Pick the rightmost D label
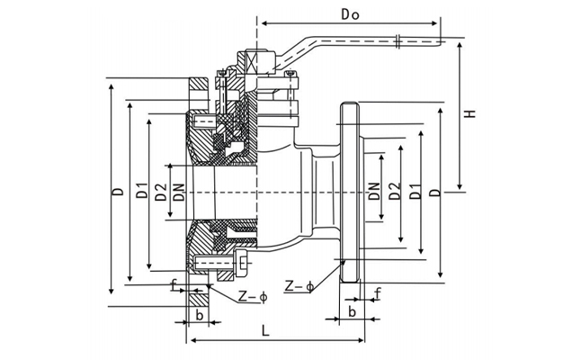(434, 193)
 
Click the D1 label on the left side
(139, 191)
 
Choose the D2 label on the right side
(395, 192)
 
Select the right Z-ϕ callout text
(298, 286)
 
